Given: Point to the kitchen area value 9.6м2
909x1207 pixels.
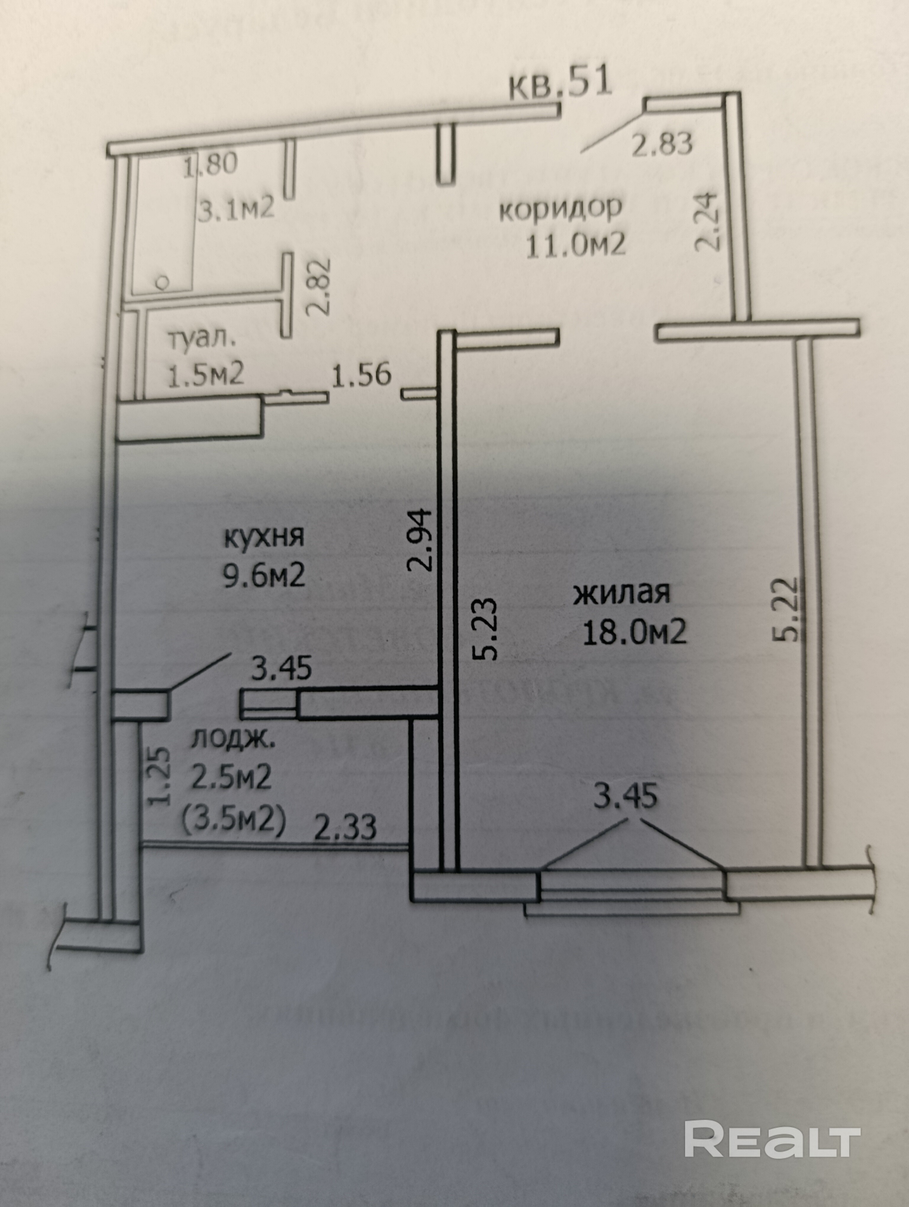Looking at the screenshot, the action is [264, 575].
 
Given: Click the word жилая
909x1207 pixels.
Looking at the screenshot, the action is [621, 593].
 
